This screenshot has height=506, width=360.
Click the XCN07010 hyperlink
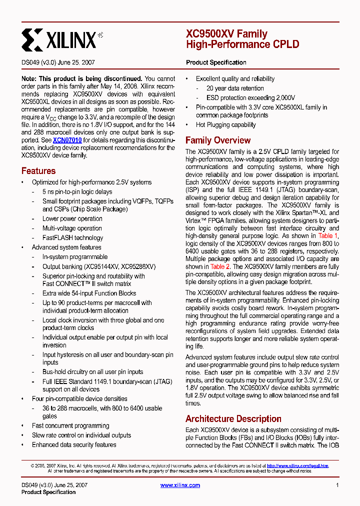click(x=67, y=140)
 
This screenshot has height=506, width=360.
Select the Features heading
click(x=38, y=170)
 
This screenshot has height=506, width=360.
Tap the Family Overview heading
click(x=218, y=140)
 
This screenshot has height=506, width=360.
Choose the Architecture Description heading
click(x=233, y=419)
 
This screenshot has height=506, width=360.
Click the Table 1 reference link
click(x=328, y=235)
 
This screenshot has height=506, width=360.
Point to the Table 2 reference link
click(x=220, y=266)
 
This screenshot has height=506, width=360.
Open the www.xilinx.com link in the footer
click(x=180, y=485)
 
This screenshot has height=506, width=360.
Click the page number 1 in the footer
click(x=337, y=485)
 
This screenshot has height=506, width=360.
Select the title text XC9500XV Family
click(x=226, y=34)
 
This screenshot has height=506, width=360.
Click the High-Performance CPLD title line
click(x=242, y=44)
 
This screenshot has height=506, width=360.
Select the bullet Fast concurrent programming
click(x=70, y=425)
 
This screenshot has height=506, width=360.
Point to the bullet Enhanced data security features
click(x=74, y=444)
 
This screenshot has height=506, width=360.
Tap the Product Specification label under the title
click(x=216, y=62)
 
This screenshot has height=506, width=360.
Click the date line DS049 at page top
click(x=58, y=63)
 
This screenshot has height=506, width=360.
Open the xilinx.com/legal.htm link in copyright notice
click(x=297, y=465)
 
